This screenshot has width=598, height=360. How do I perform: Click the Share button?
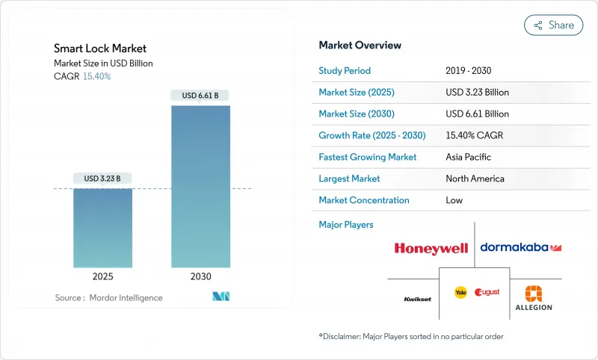point(554,25)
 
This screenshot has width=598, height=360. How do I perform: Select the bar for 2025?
point(102,227)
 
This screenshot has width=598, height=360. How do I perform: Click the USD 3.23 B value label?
point(102,179)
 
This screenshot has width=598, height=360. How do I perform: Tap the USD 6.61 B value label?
point(200,96)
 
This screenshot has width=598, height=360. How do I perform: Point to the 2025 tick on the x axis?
point(102,276)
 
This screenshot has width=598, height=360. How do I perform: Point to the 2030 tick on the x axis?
point(200,276)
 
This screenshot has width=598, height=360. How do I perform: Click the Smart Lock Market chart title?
point(100,49)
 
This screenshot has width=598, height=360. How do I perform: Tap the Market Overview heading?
point(360,46)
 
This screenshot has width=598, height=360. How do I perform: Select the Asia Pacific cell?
point(469,157)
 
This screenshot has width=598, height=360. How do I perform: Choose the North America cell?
point(475,179)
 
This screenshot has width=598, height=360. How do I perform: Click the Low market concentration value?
point(454,200)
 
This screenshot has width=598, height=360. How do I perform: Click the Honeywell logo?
point(431,248)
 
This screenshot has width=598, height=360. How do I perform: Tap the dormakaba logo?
point(520,247)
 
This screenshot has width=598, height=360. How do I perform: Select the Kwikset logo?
point(417,298)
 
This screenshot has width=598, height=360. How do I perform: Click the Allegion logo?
point(534,298)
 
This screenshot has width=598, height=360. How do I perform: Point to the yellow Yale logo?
point(460,292)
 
